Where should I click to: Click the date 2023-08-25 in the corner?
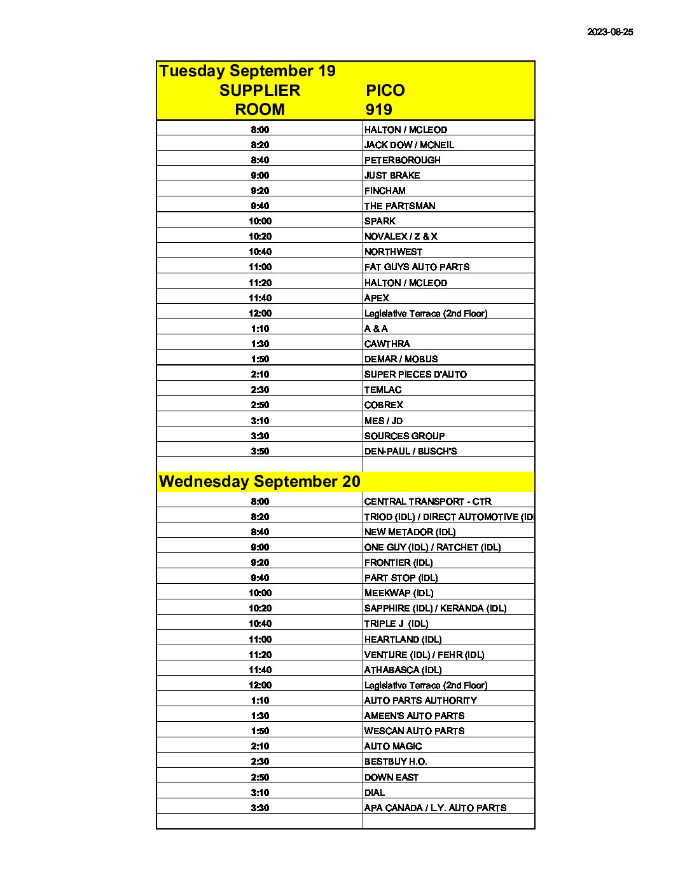(x=610, y=32)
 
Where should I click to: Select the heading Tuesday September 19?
(x=247, y=71)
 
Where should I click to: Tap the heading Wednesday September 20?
(x=259, y=481)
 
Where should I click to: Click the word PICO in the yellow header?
(x=385, y=90)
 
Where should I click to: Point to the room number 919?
(x=378, y=109)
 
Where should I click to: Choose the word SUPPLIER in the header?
(x=259, y=90)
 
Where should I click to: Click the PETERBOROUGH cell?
(x=402, y=160)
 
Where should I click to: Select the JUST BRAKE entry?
(x=392, y=175)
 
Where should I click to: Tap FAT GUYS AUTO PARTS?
(x=417, y=267)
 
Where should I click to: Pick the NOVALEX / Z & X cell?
(x=401, y=236)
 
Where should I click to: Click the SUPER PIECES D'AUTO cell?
(x=415, y=374)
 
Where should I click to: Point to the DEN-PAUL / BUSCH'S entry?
(x=410, y=451)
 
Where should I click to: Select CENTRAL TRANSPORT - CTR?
(x=427, y=502)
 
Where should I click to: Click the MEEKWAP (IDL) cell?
(x=399, y=593)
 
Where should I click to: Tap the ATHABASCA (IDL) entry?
(x=403, y=670)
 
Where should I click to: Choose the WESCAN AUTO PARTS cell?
(x=414, y=731)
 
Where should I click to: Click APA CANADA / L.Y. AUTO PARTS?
(x=435, y=808)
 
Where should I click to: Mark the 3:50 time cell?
(x=259, y=451)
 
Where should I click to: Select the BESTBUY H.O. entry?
(x=395, y=762)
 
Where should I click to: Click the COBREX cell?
(x=384, y=405)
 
